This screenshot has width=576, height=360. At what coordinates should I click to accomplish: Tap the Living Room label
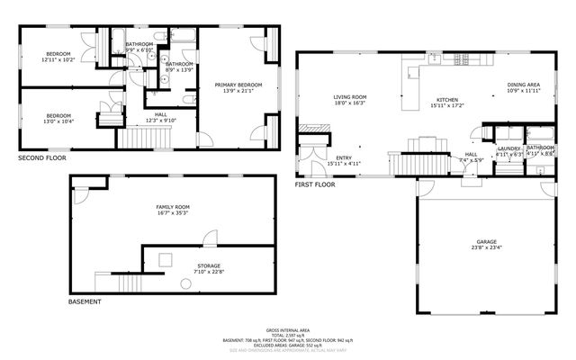pos(350,97)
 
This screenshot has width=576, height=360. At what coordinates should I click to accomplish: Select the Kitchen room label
pos(448,99)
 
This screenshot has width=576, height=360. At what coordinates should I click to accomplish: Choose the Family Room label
pos(173,207)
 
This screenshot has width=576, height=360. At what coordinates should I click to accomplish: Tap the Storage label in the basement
pos(210,265)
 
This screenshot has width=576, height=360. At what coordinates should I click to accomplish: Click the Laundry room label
pos(509,148)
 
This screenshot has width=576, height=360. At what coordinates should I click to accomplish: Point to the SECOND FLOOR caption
pos(42,157)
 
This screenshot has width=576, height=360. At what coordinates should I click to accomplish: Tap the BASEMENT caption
pos(85,301)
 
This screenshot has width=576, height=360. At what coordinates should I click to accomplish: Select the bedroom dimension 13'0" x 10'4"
pos(58,121)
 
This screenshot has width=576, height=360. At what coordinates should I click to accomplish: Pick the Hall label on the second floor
pos(161,114)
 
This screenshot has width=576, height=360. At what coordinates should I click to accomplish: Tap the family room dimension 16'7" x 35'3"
pos(173,213)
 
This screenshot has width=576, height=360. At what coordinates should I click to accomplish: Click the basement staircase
pos(127,283)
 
